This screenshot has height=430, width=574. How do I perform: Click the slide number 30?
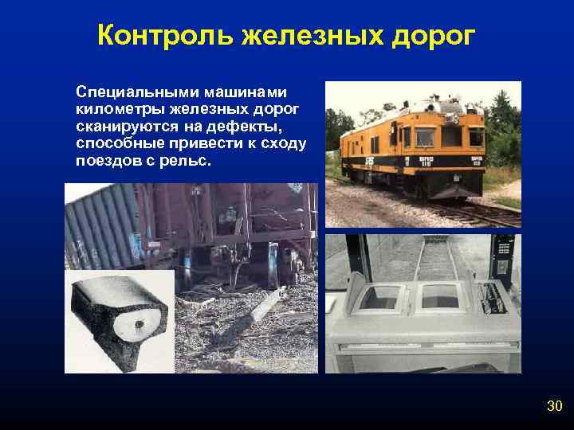[555, 407]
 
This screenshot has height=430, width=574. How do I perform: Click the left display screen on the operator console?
[379, 297]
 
